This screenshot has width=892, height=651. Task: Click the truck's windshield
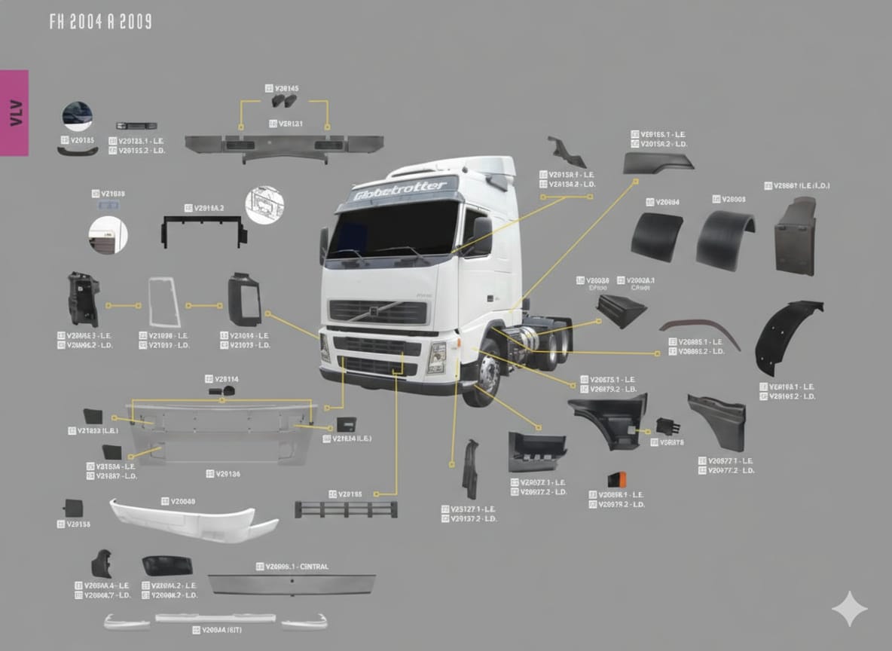[393, 228]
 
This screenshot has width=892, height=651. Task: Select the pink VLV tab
[14, 112]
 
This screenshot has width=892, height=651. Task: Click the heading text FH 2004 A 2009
[100, 22]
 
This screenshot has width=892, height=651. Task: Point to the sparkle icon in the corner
[849, 609]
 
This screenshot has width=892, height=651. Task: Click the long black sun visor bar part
[284, 144]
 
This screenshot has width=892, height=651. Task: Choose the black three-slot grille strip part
[347, 509]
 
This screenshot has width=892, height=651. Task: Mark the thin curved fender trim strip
[700, 329]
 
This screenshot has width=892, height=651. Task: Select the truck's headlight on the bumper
[436, 357]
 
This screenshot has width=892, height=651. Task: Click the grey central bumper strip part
[292, 584]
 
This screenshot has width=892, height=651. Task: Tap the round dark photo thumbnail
[77, 117]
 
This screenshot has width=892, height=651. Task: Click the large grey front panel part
[222, 432]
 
